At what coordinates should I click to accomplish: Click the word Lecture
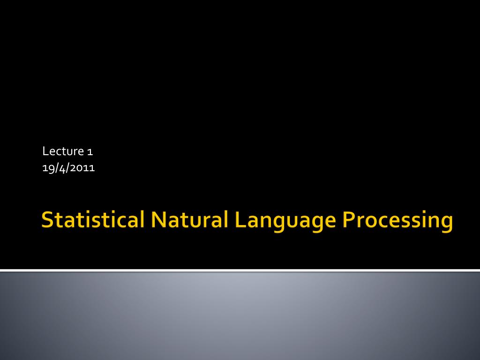point(63,151)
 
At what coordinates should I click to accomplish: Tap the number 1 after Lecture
point(90,152)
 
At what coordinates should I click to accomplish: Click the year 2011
point(82,168)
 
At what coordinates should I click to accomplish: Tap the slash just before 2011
point(68,168)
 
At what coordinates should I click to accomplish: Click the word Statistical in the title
point(93,219)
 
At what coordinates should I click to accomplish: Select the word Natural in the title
point(190,219)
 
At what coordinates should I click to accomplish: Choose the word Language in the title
point(285,221)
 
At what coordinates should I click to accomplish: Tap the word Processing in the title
point(397,221)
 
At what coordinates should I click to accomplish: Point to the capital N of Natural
point(159,219)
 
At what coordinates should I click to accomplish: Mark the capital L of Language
point(241,219)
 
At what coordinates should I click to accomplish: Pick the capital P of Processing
point(349,219)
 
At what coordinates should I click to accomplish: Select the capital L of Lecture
point(45,151)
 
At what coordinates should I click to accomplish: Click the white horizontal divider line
point(240,270)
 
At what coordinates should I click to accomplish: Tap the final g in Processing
point(447,224)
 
